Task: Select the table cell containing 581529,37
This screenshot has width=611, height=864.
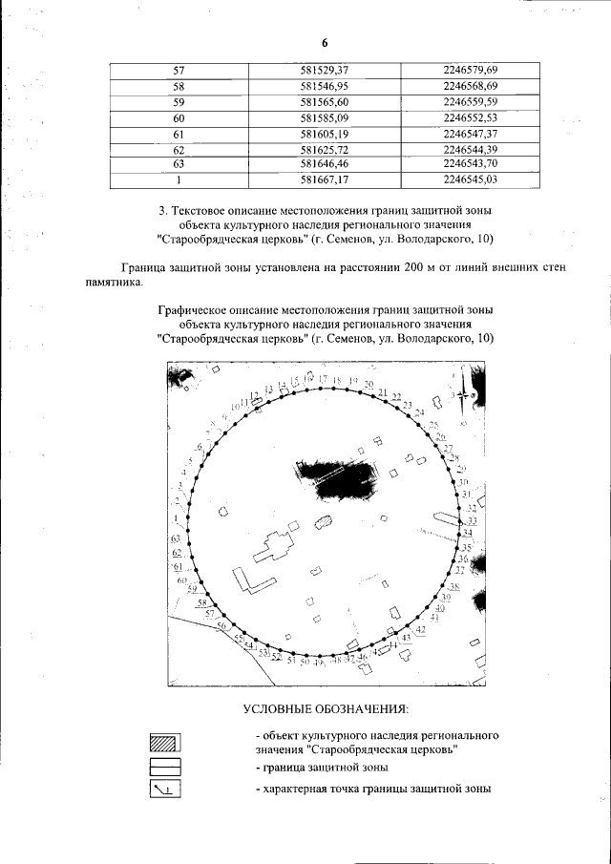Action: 325,71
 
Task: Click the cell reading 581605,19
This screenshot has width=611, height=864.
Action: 325,135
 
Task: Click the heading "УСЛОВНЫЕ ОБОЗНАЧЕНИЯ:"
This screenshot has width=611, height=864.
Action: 325,709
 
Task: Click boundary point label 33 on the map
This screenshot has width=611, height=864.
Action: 471,521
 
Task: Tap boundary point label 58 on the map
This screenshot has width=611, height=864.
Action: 202,603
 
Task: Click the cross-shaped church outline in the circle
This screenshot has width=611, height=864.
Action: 277,550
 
